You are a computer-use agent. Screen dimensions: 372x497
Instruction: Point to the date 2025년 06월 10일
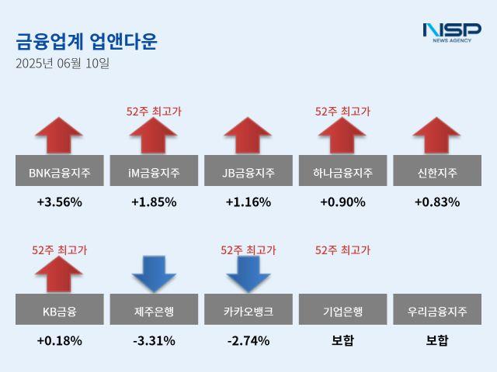(x=63, y=64)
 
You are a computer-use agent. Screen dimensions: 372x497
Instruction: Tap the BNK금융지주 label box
(x=60, y=171)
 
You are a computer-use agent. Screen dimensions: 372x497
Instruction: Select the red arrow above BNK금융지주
(x=60, y=136)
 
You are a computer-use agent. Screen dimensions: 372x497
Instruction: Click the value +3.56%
(x=60, y=202)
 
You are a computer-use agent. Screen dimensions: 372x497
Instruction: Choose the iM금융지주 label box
(x=154, y=171)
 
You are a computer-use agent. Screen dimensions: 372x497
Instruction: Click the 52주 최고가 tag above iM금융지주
(x=154, y=112)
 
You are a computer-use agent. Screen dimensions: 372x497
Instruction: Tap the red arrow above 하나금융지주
(x=342, y=136)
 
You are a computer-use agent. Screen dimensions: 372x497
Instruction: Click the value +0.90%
(x=342, y=202)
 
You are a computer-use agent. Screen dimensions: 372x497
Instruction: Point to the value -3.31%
(x=154, y=340)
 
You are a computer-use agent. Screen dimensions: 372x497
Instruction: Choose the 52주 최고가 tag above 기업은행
(x=342, y=250)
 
